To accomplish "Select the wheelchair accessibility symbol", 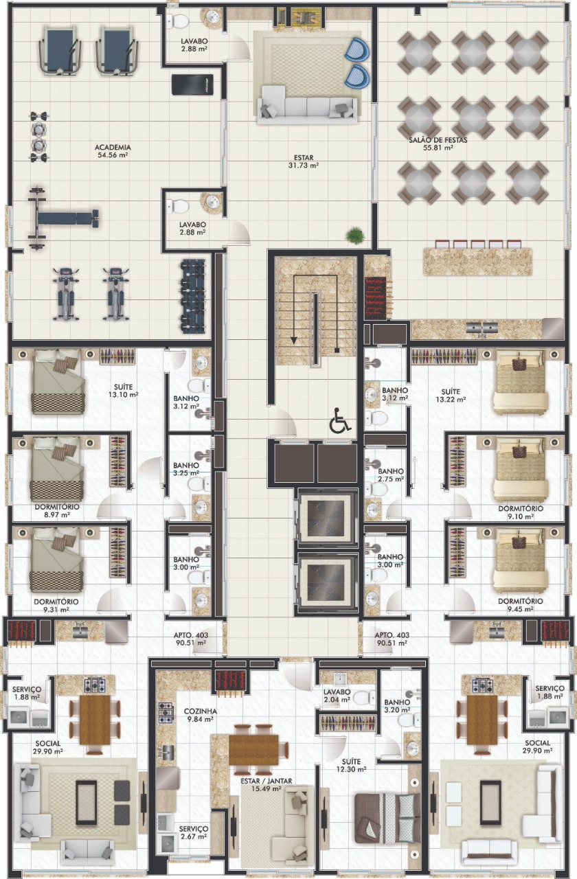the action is click(x=340, y=420).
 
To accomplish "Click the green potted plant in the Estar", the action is click(x=355, y=235).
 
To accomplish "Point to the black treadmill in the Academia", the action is click(x=192, y=84).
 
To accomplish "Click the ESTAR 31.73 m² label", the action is click(x=304, y=161).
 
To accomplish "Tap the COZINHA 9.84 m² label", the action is click(x=200, y=715).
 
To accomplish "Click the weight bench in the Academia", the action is click(x=63, y=217).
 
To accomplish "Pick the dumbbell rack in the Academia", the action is click(x=193, y=296).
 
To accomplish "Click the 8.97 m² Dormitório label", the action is click(x=57, y=510).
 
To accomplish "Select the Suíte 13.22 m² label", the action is click(x=451, y=396).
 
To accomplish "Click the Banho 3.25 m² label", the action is click(x=186, y=469).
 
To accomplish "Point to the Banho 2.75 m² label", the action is click(x=391, y=475).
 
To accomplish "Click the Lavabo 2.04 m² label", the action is click(x=337, y=696).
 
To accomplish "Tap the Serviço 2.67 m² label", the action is click(x=193, y=832).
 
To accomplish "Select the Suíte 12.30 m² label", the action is click(x=351, y=765).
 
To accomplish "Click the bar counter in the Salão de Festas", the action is click(x=477, y=262).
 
